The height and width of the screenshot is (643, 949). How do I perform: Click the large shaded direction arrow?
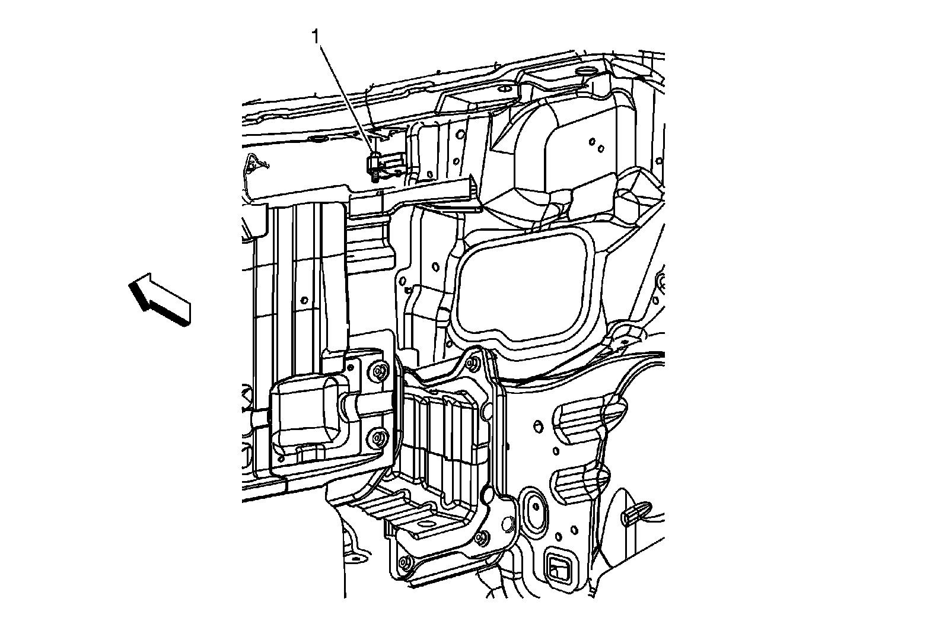click(x=160, y=299)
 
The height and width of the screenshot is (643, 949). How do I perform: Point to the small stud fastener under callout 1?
click(x=374, y=167)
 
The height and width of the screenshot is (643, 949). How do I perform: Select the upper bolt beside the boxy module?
click(x=380, y=372)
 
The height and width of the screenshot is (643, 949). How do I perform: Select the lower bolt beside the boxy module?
click(x=379, y=440)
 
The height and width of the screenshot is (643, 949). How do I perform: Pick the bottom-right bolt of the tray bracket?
click(x=481, y=538)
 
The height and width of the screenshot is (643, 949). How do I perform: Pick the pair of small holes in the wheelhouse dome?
click(x=596, y=145)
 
